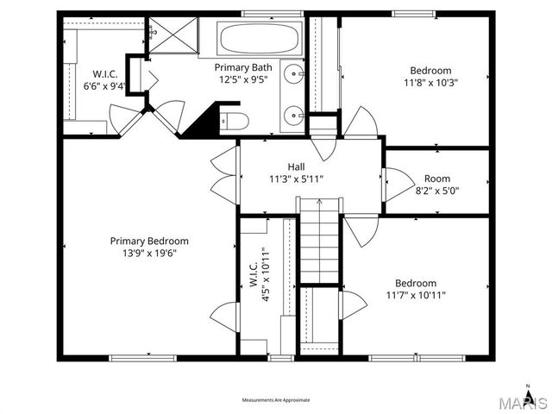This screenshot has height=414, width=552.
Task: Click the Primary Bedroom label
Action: (148, 241)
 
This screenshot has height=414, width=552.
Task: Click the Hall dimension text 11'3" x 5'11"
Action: (296, 179)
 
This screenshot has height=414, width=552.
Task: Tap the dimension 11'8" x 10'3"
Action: (430, 84)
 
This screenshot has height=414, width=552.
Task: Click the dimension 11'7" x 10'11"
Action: (416, 295)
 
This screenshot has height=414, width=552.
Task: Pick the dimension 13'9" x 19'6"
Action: (148, 253)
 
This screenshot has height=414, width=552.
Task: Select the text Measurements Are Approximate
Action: (276, 400)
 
